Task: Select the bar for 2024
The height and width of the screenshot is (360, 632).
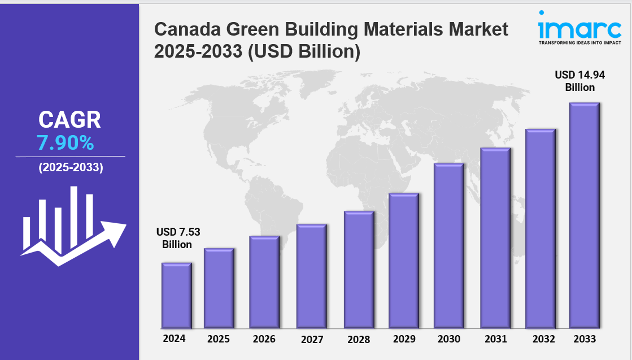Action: (x=176, y=295)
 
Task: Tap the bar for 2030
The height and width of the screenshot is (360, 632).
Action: (x=448, y=246)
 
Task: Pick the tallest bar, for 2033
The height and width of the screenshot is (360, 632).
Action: (x=584, y=215)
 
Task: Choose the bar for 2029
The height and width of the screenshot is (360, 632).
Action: (x=404, y=261)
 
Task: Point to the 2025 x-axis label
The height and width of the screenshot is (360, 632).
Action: (x=218, y=340)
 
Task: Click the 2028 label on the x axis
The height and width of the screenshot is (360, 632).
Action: (x=359, y=340)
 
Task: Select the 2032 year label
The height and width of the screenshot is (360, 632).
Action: (x=541, y=339)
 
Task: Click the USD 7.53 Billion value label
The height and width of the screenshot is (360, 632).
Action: (x=178, y=238)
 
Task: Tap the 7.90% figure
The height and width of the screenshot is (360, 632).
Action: (x=66, y=143)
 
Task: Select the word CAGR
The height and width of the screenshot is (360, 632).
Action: (x=69, y=119)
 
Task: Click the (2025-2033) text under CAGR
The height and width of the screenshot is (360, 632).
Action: (x=71, y=168)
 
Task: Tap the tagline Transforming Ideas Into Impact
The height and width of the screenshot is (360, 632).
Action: (x=579, y=42)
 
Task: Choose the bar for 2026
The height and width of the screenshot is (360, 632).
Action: (x=264, y=282)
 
